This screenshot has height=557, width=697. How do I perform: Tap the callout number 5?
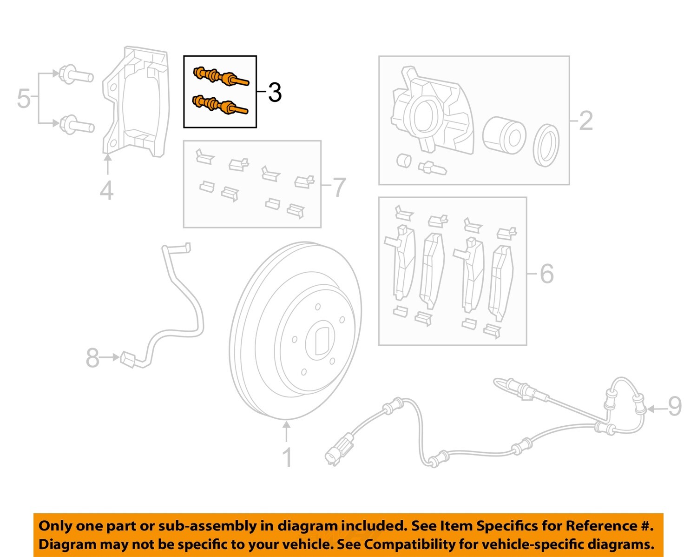(23, 99)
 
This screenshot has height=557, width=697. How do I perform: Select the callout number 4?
(106, 191)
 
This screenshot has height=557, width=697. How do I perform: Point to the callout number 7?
(339, 187)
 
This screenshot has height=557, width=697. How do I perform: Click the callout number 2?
(585, 121)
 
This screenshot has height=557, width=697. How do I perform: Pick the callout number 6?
(546, 273)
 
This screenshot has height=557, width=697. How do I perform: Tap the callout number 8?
(92, 358)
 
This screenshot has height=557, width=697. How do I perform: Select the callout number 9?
(675, 406)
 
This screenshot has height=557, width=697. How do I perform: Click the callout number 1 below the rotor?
(287, 457)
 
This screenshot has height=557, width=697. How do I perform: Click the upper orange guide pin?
(220, 77)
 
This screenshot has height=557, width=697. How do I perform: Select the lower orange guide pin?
(220, 105)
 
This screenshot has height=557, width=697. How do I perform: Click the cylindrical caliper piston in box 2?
(504, 136)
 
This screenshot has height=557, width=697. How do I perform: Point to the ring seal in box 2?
(546, 145)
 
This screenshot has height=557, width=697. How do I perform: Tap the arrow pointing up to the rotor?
(287, 430)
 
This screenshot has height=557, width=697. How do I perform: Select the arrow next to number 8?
(110, 357)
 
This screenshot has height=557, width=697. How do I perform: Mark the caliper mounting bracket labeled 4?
(135, 102)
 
